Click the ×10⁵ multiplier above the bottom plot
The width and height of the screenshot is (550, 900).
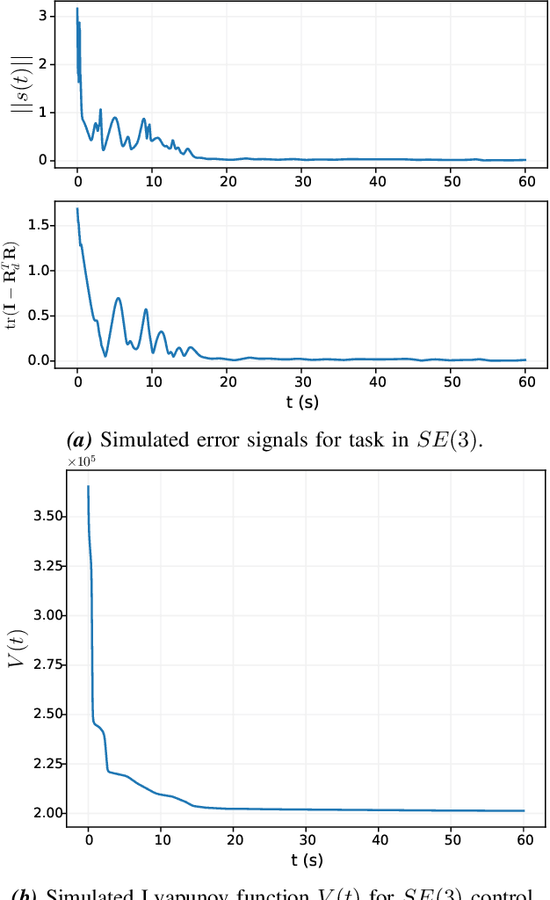click(83, 461)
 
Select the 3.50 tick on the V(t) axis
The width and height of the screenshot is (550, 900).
click(45, 516)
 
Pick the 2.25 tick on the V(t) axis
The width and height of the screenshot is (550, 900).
click(45, 764)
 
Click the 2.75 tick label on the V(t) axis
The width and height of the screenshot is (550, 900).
click(45, 664)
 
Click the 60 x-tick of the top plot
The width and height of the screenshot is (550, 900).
click(525, 180)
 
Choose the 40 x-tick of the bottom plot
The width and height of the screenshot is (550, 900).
click(379, 840)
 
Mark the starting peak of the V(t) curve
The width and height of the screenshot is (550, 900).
click(88, 486)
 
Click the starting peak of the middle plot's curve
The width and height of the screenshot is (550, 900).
click(77, 209)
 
